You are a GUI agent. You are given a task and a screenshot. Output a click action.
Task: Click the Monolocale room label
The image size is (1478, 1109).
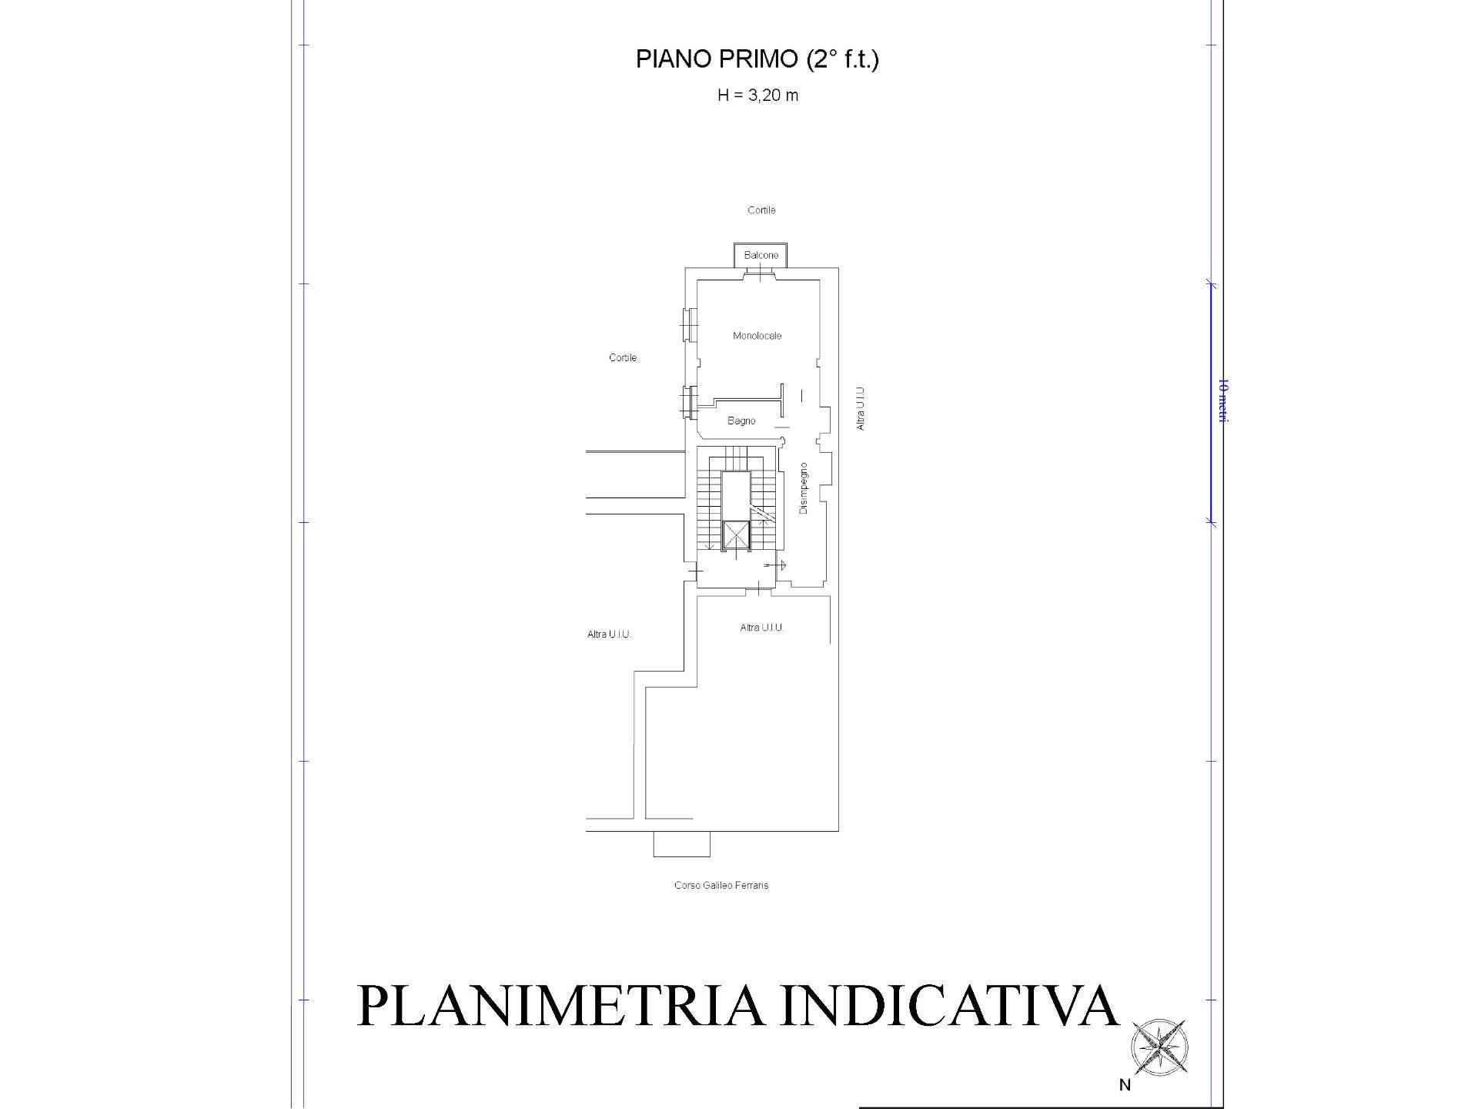click(x=757, y=336)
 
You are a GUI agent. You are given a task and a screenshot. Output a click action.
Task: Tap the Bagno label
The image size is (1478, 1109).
click(x=741, y=420)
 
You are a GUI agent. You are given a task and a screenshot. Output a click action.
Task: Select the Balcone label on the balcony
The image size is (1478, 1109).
click(x=761, y=255)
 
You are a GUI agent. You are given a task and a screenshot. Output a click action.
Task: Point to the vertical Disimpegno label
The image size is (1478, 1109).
click(x=804, y=488)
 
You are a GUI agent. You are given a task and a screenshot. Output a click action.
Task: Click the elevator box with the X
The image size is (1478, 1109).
click(x=737, y=534)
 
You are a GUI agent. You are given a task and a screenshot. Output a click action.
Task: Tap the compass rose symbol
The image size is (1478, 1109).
click(x=1159, y=1047)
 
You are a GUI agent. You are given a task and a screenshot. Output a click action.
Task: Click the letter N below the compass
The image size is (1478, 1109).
click(x=1125, y=1085)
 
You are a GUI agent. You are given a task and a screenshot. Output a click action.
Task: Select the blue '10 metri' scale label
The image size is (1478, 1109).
click(x=1222, y=400)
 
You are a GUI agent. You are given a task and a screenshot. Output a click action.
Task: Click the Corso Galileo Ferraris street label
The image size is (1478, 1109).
click(x=721, y=885)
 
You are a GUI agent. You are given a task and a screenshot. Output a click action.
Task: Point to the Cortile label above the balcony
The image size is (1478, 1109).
click(x=761, y=210)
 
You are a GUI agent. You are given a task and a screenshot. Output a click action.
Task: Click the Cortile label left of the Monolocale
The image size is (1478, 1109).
click(x=623, y=357)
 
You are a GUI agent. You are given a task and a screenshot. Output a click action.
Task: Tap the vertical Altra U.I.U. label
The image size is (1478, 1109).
click(x=861, y=408)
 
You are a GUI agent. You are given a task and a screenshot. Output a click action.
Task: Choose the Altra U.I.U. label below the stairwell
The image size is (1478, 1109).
click(x=761, y=628)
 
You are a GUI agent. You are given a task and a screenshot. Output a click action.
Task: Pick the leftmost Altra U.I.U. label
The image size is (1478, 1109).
click(x=609, y=635)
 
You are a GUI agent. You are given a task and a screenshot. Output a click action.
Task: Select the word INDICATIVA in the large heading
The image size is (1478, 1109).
click(x=948, y=1006)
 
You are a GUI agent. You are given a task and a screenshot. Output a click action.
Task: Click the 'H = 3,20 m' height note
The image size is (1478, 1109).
click(x=757, y=95)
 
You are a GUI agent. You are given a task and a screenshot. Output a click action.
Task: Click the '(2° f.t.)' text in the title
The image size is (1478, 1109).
click(x=842, y=59)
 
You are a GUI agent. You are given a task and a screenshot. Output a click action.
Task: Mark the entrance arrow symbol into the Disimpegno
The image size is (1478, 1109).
click(x=776, y=565)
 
